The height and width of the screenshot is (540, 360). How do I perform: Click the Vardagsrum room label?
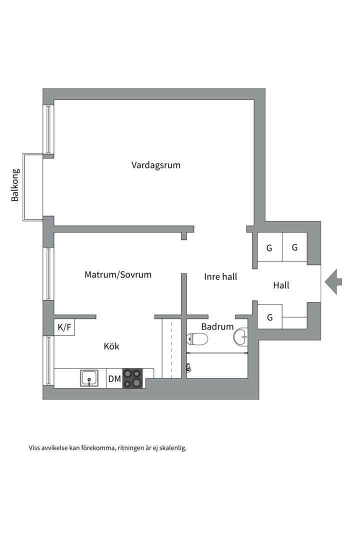click(x=156, y=165)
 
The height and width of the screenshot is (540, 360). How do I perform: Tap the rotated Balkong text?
click(x=15, y=185)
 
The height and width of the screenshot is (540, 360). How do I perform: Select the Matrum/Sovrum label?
click(x=117, y=274)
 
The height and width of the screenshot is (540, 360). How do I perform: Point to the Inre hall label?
click(x=220, y=276)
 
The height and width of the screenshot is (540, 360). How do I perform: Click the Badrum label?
click(x=217, y=327)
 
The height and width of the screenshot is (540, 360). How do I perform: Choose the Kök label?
click(x=111, y=346)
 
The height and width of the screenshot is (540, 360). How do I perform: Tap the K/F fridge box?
click(x=64, y=328)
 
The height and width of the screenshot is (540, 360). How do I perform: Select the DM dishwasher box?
click(x=114, y=379)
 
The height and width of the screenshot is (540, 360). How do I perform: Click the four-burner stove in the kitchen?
click(x=132, y=378)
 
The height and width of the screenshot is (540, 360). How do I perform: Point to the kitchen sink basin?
click(x=89, y=378)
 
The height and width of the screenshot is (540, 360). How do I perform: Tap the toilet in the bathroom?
click(x=197, y=339)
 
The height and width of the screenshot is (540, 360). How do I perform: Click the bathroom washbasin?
click(x=240, y=337)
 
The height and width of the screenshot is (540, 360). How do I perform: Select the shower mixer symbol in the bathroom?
click(x=188, y=368)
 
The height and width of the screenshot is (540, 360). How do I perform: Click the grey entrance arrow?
click(x=333, y=281)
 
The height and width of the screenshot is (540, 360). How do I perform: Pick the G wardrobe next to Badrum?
click(x=269, y=317)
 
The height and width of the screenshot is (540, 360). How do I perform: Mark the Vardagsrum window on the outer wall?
click(x=48, y=129)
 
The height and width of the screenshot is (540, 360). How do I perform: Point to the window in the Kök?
click(x=48, y=360)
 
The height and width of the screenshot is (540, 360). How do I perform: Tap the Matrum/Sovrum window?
click(x=48, y=273)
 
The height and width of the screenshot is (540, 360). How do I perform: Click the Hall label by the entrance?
click(x=281, y=286)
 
